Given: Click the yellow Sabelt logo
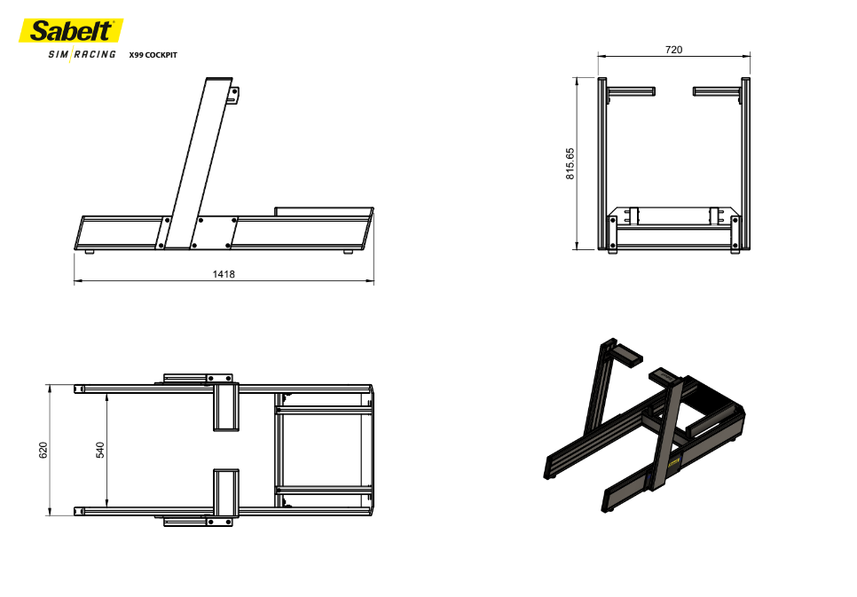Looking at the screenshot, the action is [71, 31].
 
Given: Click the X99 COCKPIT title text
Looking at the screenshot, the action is [153, 55].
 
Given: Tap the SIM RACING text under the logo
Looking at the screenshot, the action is [82, 54].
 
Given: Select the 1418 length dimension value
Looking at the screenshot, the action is [224, 274].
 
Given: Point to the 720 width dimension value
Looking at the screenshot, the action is [674, 50].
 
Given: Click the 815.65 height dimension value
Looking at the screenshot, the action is [570, 163].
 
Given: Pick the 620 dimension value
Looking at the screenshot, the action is [43, 450].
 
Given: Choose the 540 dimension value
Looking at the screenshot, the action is [100, 450].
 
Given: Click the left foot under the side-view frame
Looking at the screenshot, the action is [90, 251].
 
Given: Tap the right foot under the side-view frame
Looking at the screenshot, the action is [348, 251].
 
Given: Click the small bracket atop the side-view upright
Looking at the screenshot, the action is [234, 97].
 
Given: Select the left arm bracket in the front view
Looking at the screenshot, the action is [632, 91].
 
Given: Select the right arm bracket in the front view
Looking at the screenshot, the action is [717, 91].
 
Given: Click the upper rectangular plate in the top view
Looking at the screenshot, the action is [226, 407].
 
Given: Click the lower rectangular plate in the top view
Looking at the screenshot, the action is [226, 492].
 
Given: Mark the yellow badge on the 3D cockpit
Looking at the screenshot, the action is [672, 462].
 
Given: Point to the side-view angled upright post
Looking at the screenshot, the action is [199, 163].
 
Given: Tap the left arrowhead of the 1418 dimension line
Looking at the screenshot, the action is [77, 281].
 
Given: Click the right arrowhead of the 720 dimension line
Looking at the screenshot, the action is [747, 55].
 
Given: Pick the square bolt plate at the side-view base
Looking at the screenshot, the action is [214, 232].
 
